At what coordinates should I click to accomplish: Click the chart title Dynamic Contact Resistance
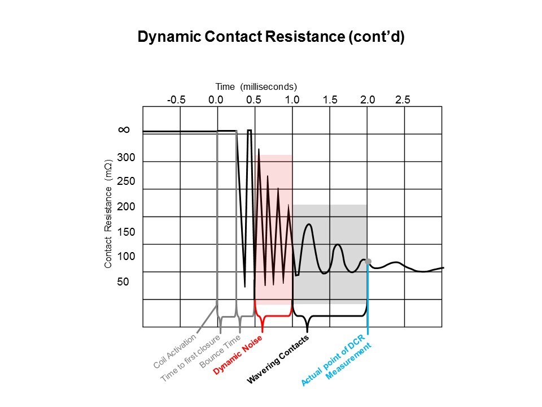pyautogui.click(x=271, y=37)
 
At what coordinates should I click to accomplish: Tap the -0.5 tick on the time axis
pyautogui.click(x=176, y=100)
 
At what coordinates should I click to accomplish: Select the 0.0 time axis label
pyautogui.click(x=216, y=100)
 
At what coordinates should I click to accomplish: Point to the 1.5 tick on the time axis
pyautogui.click(x=330, y=100)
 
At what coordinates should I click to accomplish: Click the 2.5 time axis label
pyautogui.click(x=403, y=100)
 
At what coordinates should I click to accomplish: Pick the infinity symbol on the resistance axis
pyautogui.click(x=124, y=129)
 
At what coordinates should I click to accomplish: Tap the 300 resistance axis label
pyautogui.click(x=126, y=157)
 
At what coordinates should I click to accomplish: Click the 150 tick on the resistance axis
pyautogui.click(x=126, y=232)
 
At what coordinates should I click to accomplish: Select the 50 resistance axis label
pyautogui.click(x=123, y=281)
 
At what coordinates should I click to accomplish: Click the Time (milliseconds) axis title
pyautogui.click(x=256, y=86)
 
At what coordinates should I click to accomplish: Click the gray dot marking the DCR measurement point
pyautogui.click(x=368, y=261)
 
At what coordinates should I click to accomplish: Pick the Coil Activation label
pyautogui.click(x=174, y=351)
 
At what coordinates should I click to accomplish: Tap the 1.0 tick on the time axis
pyautogui.click(x=292, y=100)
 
